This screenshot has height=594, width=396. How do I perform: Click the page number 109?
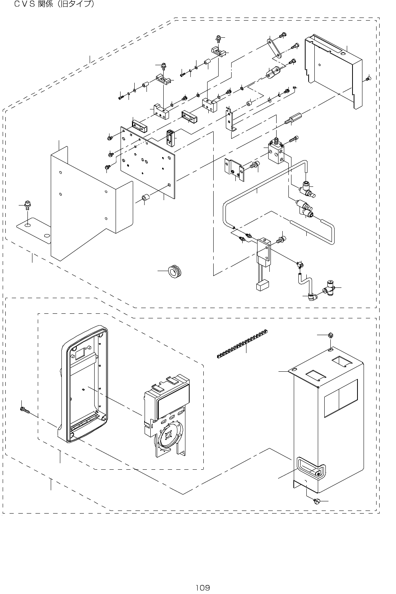pos(203,588)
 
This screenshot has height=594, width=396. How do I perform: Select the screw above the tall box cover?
pos(330,335)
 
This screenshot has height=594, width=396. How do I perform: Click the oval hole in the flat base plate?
pos(27,225)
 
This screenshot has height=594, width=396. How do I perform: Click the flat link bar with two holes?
pos(274,48)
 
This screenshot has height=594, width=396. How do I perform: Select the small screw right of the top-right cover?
pos(368,78)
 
